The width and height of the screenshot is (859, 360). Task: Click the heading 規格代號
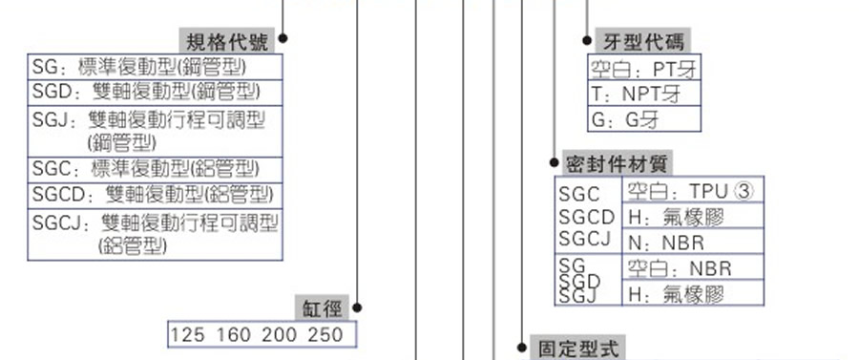(x=226, y=41)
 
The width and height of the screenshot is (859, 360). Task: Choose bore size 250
(x=326, y=335)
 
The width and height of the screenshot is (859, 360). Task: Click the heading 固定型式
(x=578, y=348)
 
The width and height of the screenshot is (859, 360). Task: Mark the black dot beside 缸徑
(x=357, y=307)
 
